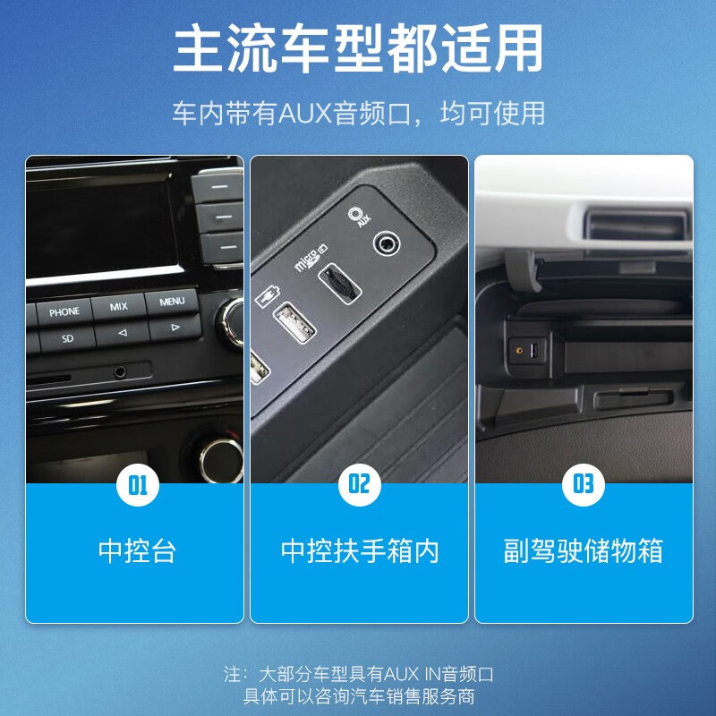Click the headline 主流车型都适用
[358, 48]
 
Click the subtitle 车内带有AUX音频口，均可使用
[358, 114]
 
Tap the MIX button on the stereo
[119, 307]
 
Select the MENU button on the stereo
[172, 302]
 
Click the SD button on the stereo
[67, 339]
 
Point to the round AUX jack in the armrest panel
[388, 241]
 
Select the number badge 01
[136, 485]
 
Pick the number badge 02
[359, 485]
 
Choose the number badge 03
[583, 485]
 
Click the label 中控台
[136, 550]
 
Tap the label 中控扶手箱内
[359, 550]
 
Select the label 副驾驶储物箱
[583, 550]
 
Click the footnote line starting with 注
[358, 674]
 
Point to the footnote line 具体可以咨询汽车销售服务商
[358, 696]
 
